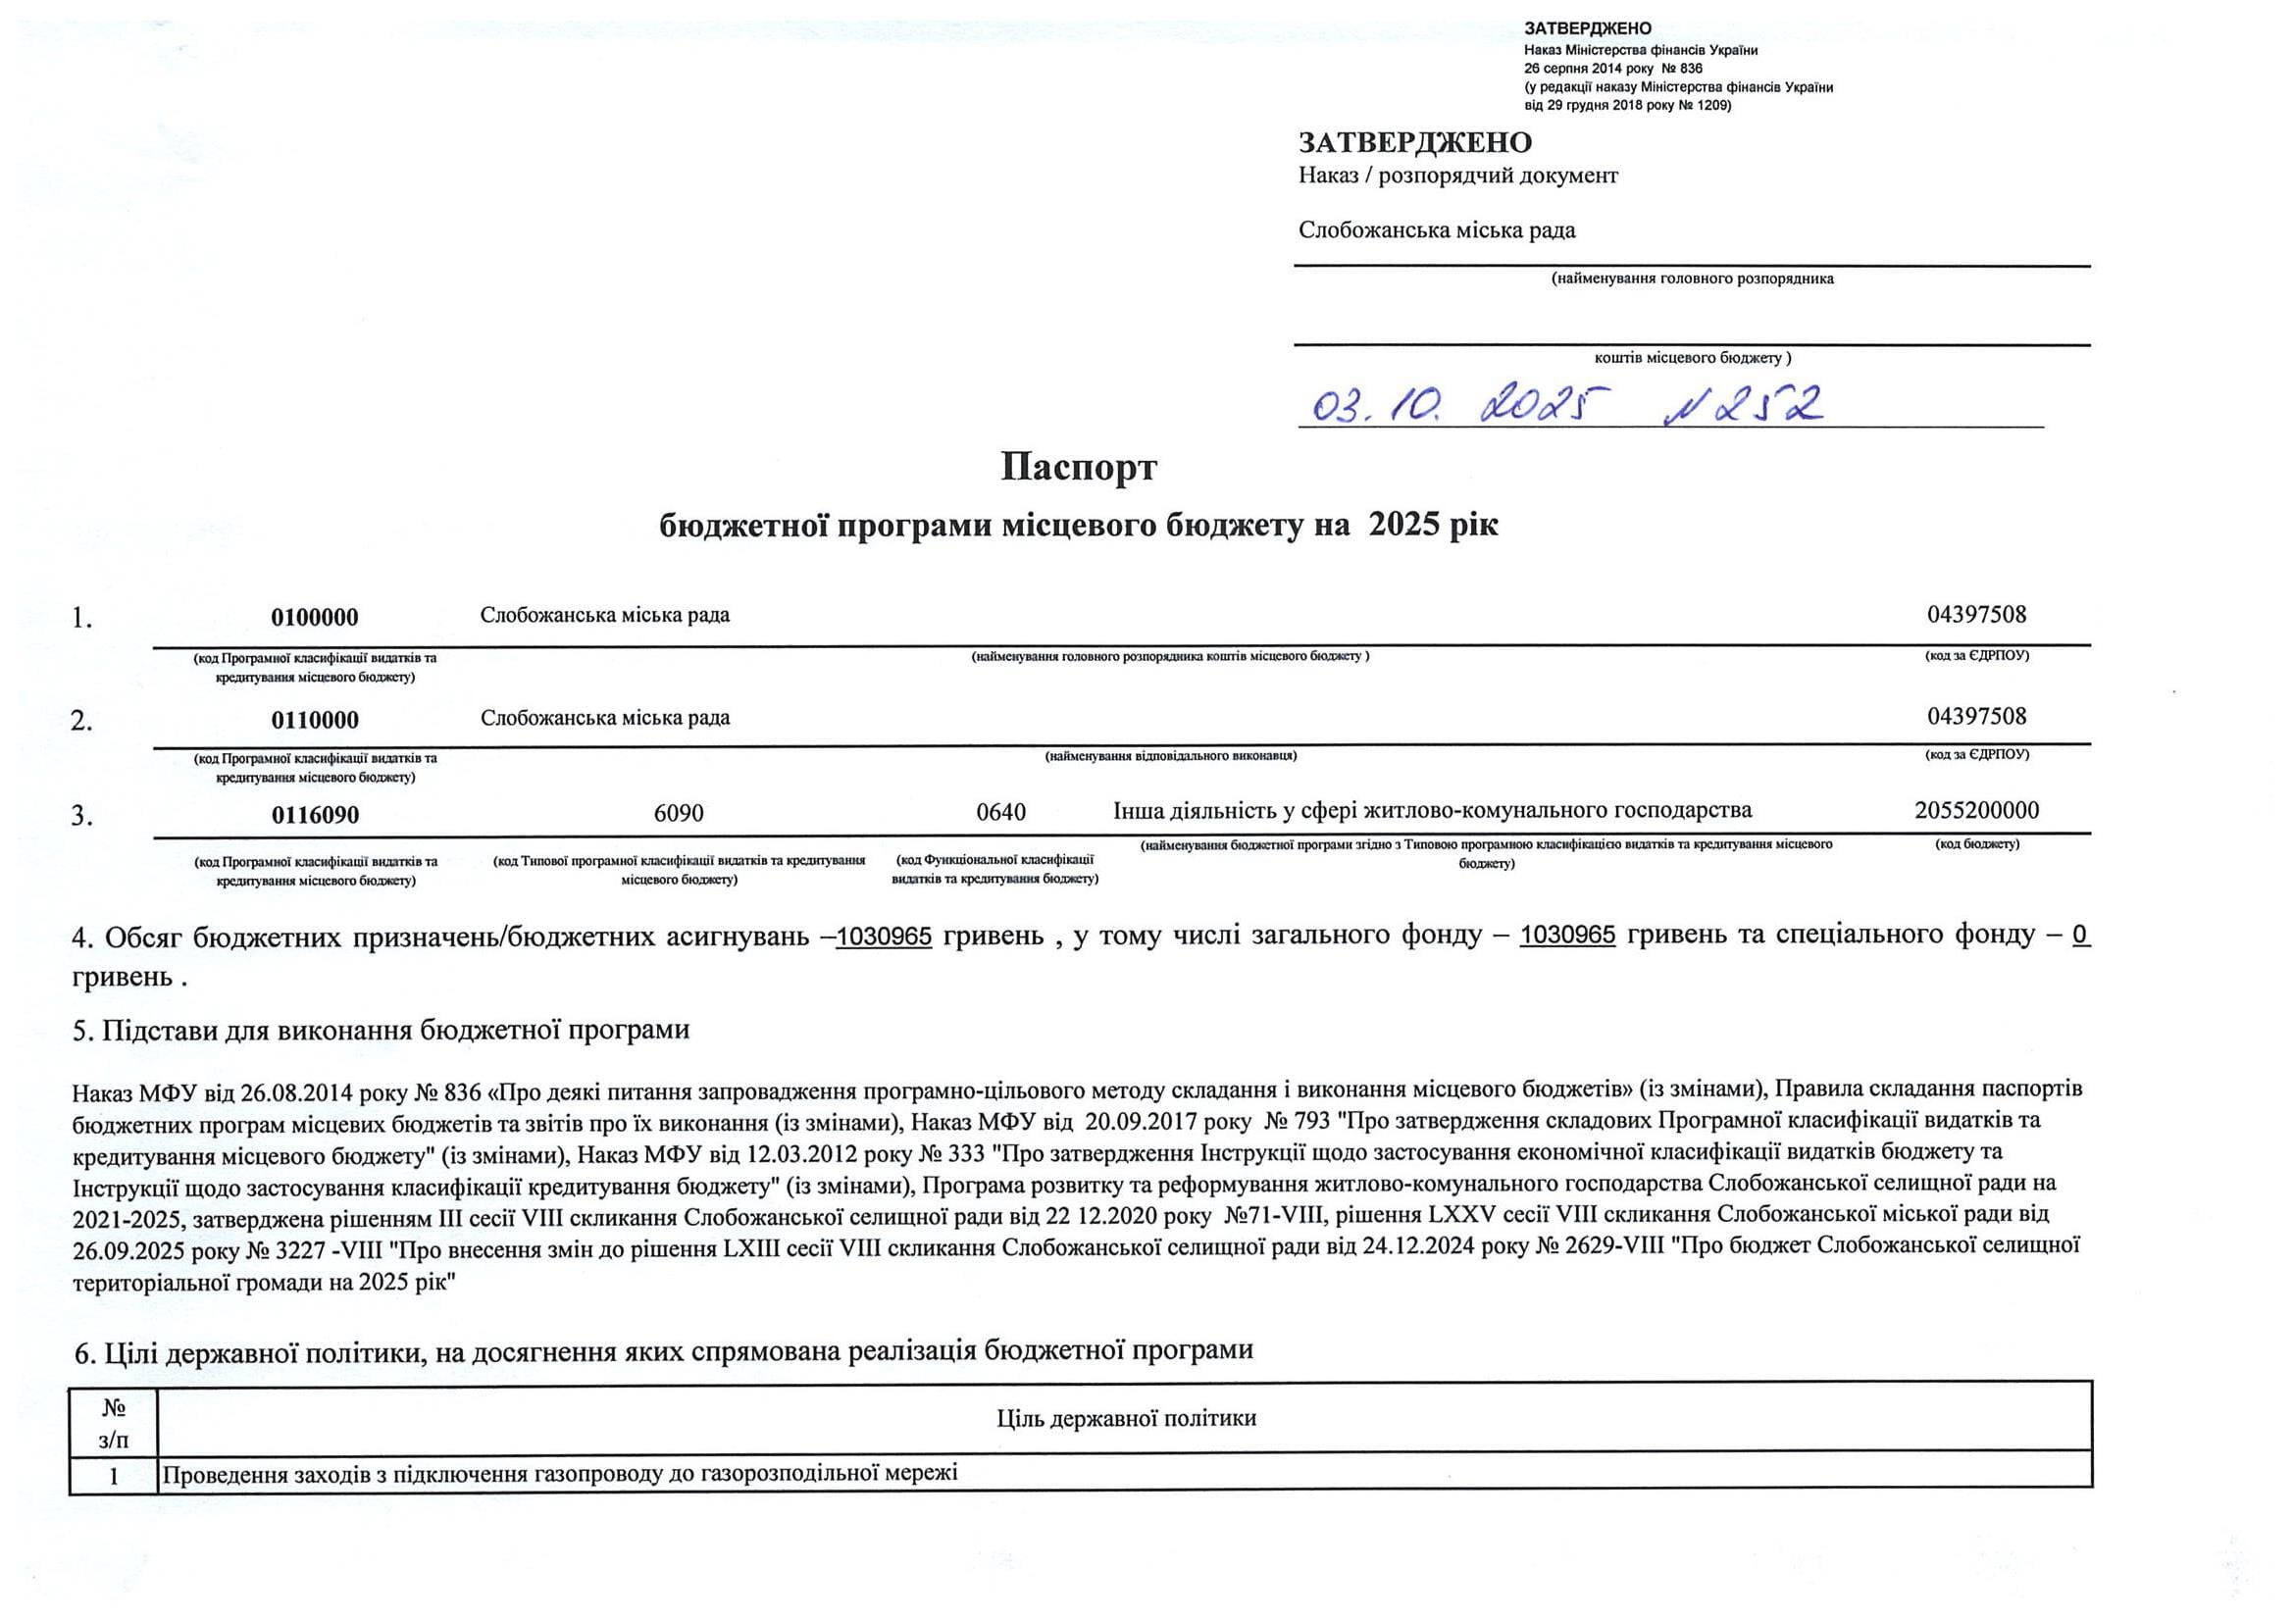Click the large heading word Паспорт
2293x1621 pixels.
[x=1079, y=468]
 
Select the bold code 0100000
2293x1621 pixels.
[x=315, y=618]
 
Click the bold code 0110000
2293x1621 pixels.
[x=315, y=720]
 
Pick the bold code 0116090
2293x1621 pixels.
[x=315, y=816]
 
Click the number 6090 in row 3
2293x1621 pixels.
[x=678, y=814]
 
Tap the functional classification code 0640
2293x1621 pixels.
[x=1000, y=813]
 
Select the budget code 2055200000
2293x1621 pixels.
[x=1976, y=811]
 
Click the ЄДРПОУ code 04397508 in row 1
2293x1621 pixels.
[x=1976, y=615]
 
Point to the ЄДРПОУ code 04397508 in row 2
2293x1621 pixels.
[x=1976, y=717]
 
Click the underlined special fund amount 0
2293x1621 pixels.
[x=2080, y=936]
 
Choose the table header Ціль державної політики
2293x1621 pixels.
[x=1126, y=1418]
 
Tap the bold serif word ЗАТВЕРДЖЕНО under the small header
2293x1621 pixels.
[x=1415, y=143]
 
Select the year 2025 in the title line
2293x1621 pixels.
[x=1404, y=526]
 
